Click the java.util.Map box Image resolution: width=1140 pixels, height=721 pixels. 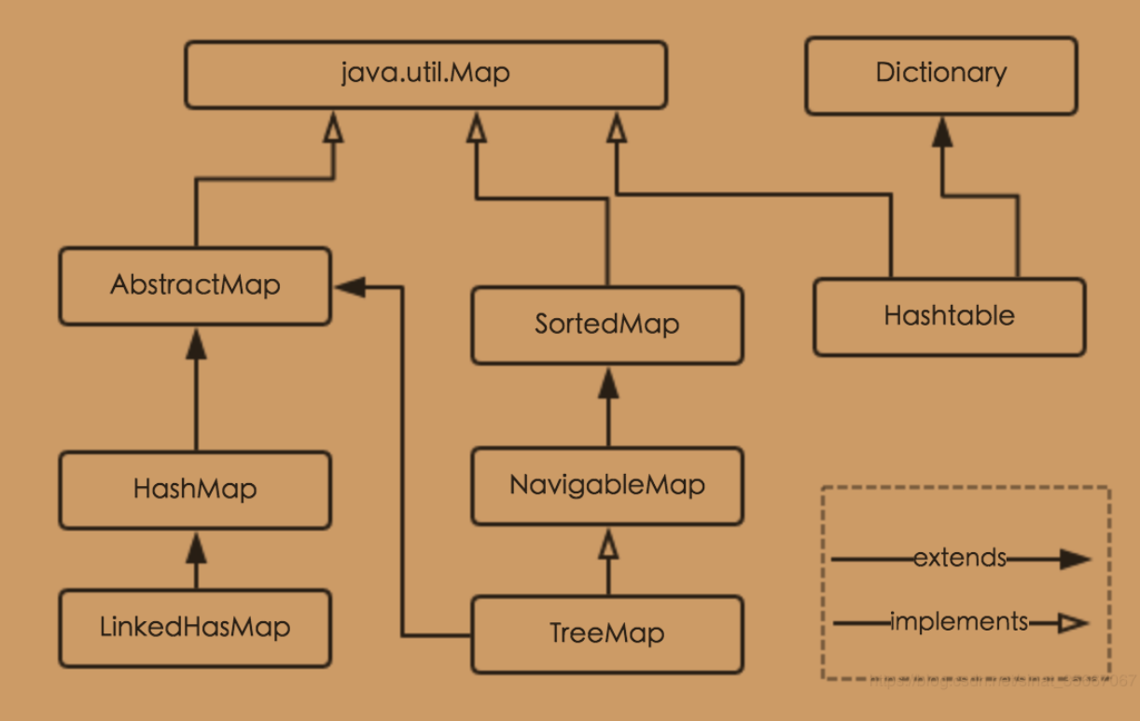coord(425,75)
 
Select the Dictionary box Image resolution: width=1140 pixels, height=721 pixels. coord(940,75)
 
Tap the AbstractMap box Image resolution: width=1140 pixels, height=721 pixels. coord(195,285)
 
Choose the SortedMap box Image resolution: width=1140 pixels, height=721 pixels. coord(607,325)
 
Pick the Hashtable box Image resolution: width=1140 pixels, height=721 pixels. coord(949,316)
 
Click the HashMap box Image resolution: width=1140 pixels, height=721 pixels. coord(195,489)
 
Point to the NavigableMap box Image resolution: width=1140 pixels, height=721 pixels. coord(607,485)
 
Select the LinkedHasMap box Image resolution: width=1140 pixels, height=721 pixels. coord(195,628)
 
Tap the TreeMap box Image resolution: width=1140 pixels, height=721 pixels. coord(607,634)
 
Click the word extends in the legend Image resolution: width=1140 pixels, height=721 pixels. coord(960,559)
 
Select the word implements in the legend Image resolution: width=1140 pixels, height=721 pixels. coord(960,621)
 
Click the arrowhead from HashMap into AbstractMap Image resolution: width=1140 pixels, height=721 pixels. coord(195,342)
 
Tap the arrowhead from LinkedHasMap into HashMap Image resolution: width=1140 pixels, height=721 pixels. coord(195,547)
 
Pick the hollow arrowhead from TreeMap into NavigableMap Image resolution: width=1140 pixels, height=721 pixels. coord(608,542)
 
